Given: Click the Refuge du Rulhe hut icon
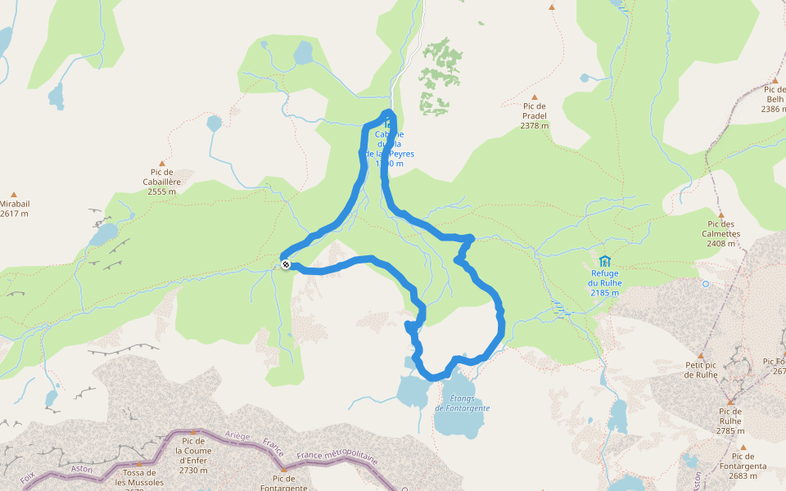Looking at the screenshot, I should tap(604, 261).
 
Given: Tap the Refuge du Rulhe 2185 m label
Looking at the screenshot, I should tap(604, 282).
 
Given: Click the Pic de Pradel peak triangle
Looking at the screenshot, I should tap(534, 97).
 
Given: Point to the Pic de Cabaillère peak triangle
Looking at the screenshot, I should tap(161, 164).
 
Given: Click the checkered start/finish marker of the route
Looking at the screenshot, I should tap(285, 264).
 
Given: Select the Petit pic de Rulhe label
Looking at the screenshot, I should tap(701, 370).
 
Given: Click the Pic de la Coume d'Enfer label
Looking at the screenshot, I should tap(193, 455).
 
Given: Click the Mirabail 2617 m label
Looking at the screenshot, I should tap(14, 209).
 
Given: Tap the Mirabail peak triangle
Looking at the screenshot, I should tap(14, 194).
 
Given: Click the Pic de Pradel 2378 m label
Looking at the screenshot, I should tap(534, 115).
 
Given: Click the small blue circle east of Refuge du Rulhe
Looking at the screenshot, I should tap(706, 284).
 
